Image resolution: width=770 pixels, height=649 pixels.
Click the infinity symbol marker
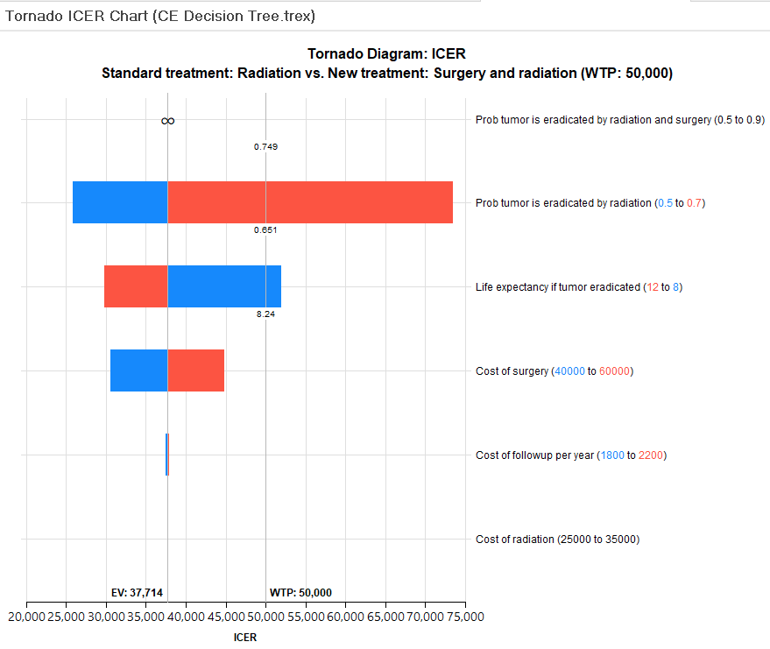[168, 121]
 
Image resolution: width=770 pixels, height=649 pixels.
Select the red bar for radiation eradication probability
[310, 202]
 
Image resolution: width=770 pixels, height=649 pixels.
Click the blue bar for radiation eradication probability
[120, 202]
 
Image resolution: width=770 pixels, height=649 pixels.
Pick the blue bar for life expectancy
[224, 286]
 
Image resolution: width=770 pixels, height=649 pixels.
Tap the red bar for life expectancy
[136, 286]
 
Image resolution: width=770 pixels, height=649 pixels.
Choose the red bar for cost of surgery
[196, 370]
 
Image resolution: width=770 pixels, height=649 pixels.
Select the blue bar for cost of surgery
[138, 370]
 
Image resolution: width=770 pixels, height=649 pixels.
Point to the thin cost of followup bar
[167, 455]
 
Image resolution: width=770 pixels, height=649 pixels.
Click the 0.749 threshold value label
[265, 146]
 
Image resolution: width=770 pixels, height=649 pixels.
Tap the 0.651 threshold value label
[265, 230]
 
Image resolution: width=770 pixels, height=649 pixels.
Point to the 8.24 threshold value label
[265, 314]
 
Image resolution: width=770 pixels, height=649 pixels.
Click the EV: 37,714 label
[137, 592]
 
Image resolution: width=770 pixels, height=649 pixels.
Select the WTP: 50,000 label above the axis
[300, 592]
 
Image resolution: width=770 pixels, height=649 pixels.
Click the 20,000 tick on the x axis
[27, 617]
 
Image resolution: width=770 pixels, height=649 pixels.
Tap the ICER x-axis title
[245, 638]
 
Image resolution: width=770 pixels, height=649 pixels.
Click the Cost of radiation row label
[557, 540]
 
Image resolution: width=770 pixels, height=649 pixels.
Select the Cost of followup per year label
[570, 455]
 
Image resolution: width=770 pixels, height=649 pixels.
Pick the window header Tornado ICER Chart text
[160, 16]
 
